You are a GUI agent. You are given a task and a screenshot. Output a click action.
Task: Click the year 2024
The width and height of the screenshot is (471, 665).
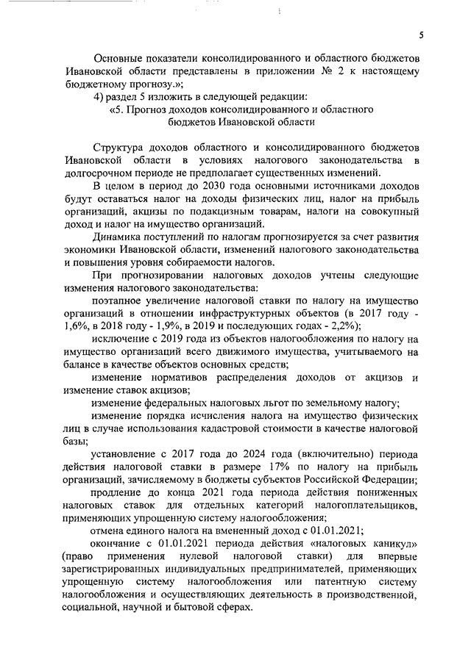coord(260,453)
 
